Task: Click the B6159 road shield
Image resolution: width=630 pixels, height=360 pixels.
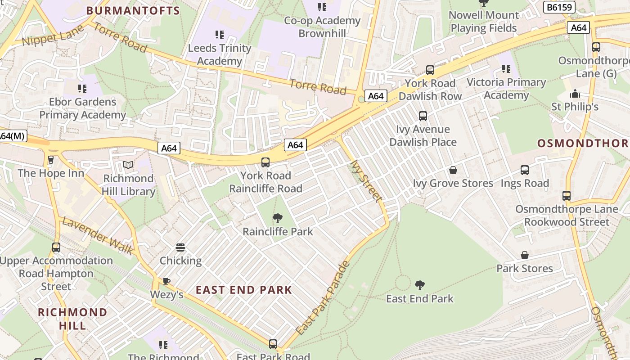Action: pos(560,7)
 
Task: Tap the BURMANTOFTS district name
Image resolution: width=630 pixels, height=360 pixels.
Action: pos(133,10)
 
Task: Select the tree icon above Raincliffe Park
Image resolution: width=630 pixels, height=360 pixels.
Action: pos(278,219)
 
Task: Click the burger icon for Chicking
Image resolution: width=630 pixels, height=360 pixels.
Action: pos(180,247)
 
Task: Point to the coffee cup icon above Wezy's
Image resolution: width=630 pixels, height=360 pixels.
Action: pos(166,282)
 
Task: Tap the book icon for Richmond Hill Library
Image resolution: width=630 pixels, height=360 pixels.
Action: pos(128,165)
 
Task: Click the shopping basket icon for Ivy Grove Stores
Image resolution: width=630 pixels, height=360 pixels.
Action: pos(453,170)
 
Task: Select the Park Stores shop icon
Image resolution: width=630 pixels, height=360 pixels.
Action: pos(524,255)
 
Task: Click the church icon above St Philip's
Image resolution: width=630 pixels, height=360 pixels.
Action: pos(575,94)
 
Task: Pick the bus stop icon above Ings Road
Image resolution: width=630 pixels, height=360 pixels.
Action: pos(525,170)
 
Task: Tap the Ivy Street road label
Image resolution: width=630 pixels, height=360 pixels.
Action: pos(366,181)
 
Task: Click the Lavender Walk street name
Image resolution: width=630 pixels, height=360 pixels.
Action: pos(97,235)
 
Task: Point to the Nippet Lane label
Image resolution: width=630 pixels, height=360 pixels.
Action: pos(53,36)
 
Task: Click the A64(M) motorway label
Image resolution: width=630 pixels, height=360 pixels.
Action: pos(12,136)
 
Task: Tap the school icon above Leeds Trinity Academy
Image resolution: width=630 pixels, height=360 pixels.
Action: pos(219,35)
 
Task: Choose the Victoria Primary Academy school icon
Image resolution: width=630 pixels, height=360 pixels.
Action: pos(506,69)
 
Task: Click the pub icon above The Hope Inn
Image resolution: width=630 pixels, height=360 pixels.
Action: pos(51,160)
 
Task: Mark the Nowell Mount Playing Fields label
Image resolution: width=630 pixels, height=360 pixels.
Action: pos(484,21)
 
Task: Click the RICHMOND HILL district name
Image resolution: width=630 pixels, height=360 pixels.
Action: pos(72,319)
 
